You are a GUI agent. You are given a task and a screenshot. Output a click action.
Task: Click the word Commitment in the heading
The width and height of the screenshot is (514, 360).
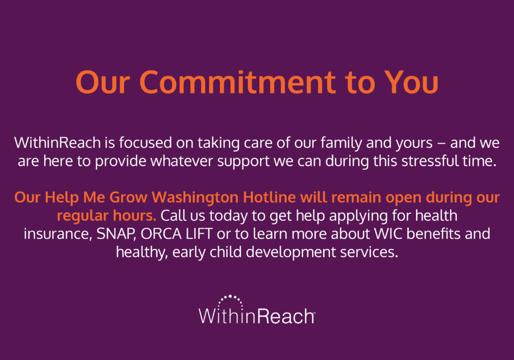[x=238, y=82]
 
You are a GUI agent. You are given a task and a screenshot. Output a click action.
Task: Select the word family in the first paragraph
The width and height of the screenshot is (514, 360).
[x=341, y=143]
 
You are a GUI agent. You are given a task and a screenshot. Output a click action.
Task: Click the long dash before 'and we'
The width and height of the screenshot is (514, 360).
[x=441, y=144]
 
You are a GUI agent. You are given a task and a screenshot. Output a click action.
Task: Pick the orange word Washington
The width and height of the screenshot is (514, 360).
[x=195, y=197]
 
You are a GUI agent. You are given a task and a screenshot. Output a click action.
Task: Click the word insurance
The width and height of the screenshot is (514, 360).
[x=58, y=234]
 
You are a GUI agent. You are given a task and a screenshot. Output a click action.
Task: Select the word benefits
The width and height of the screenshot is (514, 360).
[x=434, y=234]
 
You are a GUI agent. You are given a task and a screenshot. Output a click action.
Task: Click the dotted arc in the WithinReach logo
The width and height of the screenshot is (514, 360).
[x=231, y=297]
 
